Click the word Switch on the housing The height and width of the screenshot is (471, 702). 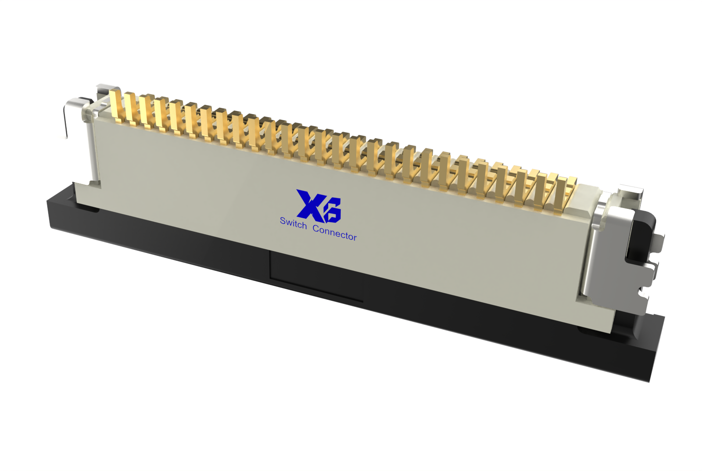(293, 223)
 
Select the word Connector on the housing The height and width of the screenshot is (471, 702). (335, 233)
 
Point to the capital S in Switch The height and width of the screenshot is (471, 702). (283, 221)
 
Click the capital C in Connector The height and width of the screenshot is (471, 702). (316, 228)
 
